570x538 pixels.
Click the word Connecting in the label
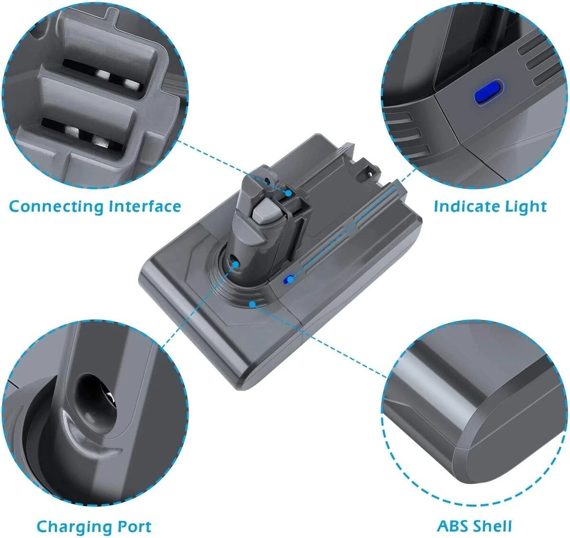tap(56, 207)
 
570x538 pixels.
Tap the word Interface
tap(145, 207)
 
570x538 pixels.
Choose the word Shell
tap(493, 526)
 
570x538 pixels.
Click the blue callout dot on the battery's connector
tap(288, 193)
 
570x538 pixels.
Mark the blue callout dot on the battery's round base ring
tap(253, 302)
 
